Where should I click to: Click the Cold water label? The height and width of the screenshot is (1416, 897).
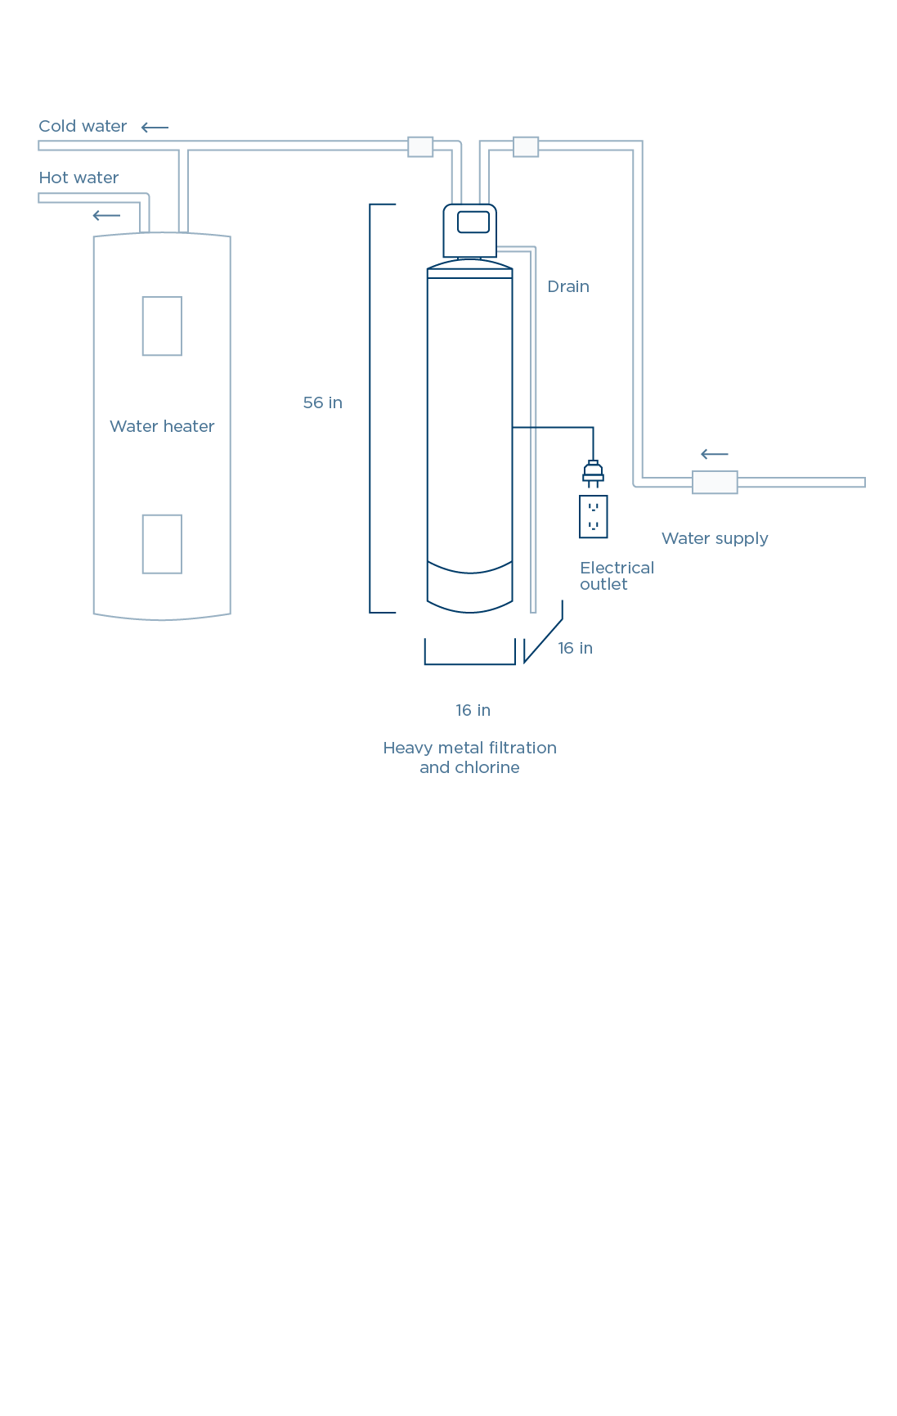[83, 127]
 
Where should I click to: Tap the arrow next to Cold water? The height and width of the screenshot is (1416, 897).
[154, 128]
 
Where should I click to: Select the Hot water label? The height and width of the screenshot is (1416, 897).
[78, 178]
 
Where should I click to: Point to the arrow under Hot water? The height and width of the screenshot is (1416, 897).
[106, 216]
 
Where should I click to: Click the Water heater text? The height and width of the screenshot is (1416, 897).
[162, 426]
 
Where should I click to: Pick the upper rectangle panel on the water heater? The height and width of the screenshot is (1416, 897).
[162, 326]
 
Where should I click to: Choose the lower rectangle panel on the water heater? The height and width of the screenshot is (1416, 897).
[162, 544]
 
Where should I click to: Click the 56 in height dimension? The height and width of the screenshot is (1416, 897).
[322, 402]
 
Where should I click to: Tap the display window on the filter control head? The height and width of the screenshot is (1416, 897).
[473, 222]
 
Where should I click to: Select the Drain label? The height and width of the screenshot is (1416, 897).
[568, 287]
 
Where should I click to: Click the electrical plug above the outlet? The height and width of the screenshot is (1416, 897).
[593, 474]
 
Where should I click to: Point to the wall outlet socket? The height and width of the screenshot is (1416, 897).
[593, 517]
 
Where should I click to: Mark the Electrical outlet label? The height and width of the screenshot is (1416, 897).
[616, 576]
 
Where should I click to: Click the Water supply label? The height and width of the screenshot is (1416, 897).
[715, 538]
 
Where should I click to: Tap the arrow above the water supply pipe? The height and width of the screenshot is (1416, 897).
[714, 455]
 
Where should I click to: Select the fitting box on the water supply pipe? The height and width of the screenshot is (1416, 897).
[715, 483]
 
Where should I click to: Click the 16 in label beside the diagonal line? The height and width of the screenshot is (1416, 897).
[575, 649]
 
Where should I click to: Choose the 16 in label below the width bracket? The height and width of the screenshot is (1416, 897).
[473, 711]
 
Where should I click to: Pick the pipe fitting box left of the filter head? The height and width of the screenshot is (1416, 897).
[420, 146]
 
